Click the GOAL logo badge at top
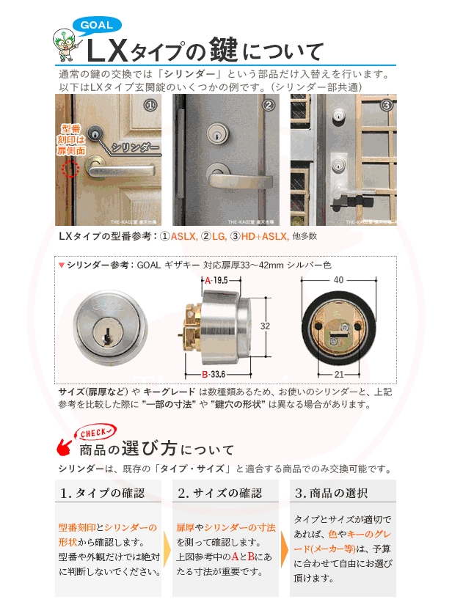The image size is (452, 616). (x=96, y=26)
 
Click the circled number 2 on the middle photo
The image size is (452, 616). (x=269, y=106)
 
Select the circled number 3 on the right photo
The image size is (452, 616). (x=386, y=106)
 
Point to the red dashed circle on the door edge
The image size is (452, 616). (x=70, y=170)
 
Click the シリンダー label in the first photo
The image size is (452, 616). (x=137, y=147)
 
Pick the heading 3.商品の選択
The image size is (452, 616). (x=335, y=492)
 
